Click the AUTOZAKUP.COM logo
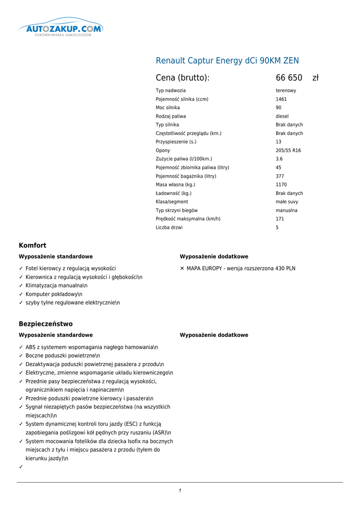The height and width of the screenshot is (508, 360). (61, 29)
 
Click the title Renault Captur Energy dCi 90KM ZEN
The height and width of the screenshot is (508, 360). (227, 61)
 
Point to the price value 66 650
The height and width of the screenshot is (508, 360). (289, 78)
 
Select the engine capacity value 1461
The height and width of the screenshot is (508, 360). (281, 99)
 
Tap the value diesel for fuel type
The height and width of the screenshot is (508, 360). (282, 117)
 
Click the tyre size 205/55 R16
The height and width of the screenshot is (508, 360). (288, 151)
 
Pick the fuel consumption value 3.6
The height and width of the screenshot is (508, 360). (279, 159)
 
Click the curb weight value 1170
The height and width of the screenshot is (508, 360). (281, 185)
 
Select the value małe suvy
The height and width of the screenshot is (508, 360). (287, 202)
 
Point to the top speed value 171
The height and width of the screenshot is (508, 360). (280, 219)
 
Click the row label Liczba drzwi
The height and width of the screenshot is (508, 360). (169, 228)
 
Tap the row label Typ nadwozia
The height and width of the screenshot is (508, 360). (171, 91)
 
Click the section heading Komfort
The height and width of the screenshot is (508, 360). (32, 246)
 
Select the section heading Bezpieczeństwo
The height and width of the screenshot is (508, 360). (46, 324)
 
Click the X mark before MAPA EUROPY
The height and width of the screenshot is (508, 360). (182, 268)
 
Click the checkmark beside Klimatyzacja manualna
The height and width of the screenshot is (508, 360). (21, 286)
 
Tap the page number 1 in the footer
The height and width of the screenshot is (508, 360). (180, 491)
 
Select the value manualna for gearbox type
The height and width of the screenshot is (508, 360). (287, 211)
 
